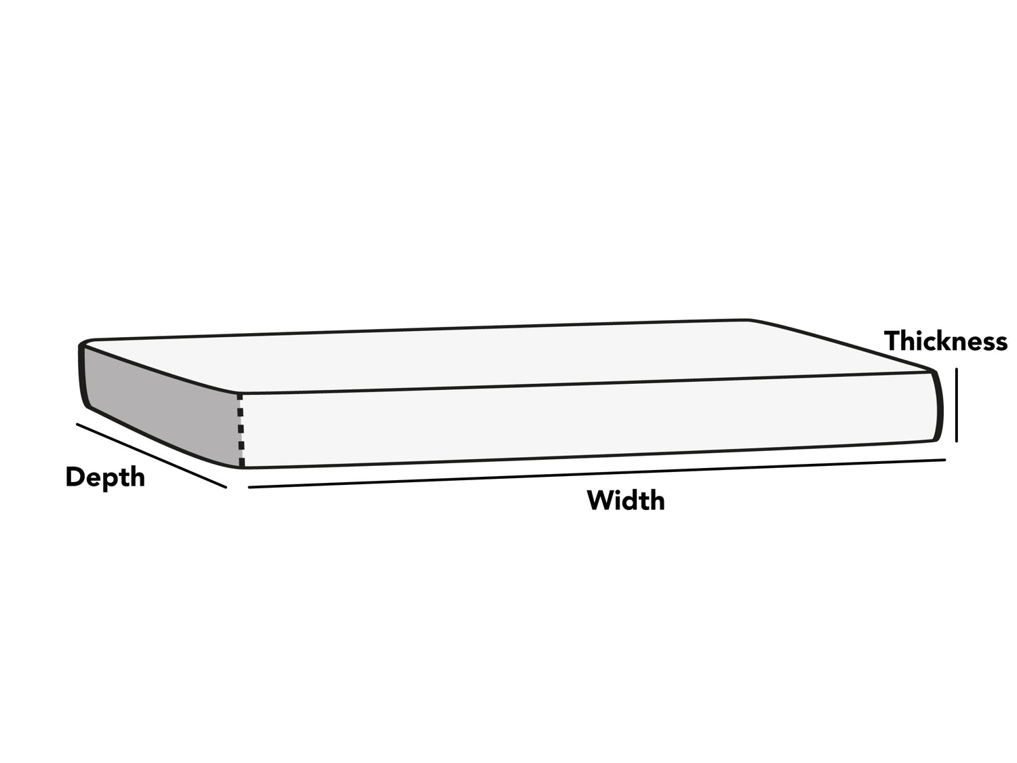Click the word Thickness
click(945, 341)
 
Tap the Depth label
click(105, 478)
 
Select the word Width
click(626, 501)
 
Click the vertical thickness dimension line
click(956, 405)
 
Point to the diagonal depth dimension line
click(151, 455)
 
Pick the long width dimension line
click(597, 473)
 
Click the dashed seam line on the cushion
click(241, 431)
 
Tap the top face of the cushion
click(505, 356)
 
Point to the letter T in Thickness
click(892, 341)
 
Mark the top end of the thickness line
click(956, 369)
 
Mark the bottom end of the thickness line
click(956, 442)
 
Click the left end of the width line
click(250, 487)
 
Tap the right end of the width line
click(944, 460)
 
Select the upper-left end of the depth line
click(77, 423)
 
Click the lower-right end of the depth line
click(226, 488)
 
